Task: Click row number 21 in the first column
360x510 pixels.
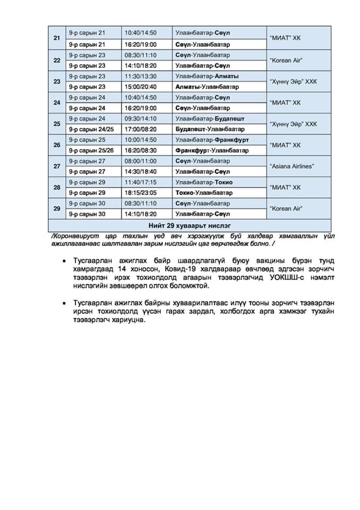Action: coord(57,38)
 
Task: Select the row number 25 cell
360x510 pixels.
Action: coord(57,124)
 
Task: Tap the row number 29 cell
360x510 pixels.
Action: coord(57,209)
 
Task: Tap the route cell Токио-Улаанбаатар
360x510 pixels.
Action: coord(204,193)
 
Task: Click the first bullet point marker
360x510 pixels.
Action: coord(64,262)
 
